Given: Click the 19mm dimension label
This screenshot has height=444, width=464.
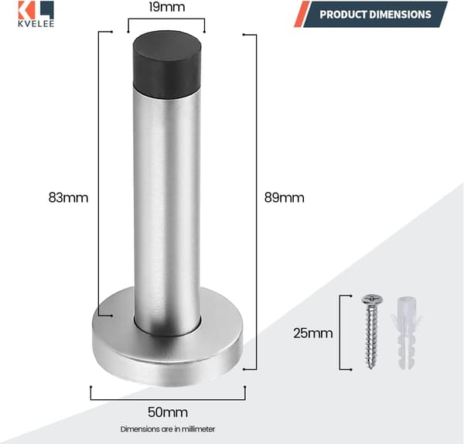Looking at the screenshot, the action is [x=167, y=7].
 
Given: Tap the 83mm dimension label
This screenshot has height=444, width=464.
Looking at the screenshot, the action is [x=68, y=197].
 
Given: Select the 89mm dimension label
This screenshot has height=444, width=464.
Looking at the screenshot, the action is [x=284, y=197].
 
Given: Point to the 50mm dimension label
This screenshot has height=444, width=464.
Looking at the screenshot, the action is [x=168, y=412].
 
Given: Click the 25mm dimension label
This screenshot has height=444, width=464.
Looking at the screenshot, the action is [x=313, y=333].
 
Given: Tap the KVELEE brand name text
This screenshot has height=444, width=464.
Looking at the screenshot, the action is [x=36, y=24].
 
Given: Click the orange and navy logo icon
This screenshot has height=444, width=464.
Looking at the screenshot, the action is [x=36, y=10].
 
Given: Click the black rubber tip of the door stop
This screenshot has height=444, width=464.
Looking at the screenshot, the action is [x=167, y=64].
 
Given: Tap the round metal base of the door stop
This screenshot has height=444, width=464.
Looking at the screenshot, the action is [x=168, y=352].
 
